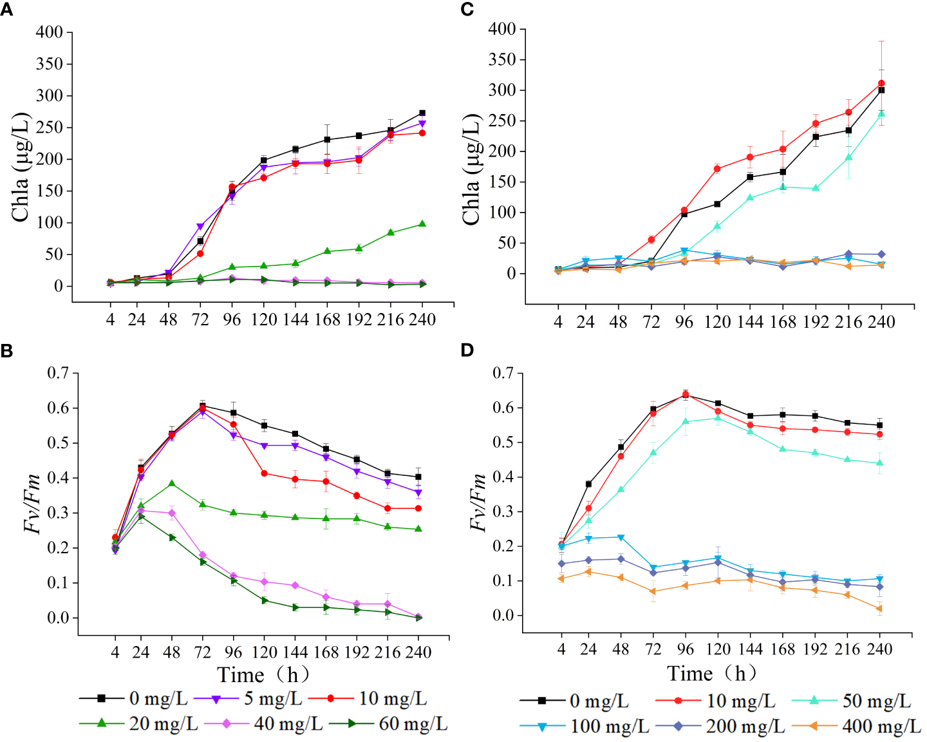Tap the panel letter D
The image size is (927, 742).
point(467,350)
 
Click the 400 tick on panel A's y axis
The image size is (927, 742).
point(49,32)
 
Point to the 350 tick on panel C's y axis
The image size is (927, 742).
point(502,60)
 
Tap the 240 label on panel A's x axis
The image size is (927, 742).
point(422,319)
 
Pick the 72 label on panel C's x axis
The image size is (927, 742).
point(651,321)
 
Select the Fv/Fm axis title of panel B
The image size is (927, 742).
point(32,503)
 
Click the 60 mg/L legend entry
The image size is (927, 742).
point(413,724)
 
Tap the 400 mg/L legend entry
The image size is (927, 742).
point(881,727)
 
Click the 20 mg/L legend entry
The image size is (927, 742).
point(164,724)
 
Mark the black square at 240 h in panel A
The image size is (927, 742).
point(422,113)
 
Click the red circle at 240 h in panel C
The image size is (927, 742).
point(881,83)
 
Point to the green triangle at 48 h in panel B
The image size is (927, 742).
point(172,483)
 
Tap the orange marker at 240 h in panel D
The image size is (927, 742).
point(879,609)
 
